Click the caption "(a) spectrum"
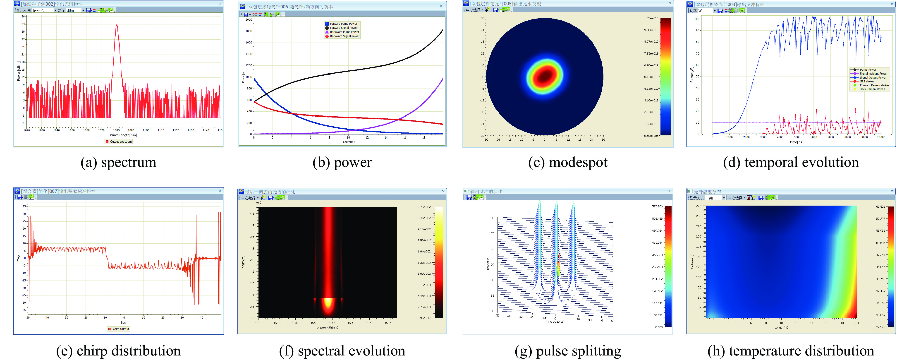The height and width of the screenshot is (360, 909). pos(118,163)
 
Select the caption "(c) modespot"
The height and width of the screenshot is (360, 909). pos(568,163)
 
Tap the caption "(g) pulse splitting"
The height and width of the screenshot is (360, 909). pos(568,351)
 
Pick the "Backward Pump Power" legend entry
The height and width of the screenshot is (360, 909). pos(344,32)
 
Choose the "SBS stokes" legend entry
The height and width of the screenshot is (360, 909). pos(867,82)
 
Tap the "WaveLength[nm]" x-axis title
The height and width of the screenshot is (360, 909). pos(123,135)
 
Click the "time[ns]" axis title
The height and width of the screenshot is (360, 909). pos(797,142)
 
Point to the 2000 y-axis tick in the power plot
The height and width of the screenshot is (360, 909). pos(249,20)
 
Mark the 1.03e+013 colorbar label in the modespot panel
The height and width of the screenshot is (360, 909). pos(651,18)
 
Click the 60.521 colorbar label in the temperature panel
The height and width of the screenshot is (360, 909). pos(880,207)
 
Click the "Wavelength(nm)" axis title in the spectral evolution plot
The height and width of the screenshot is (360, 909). pos(327,328)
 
